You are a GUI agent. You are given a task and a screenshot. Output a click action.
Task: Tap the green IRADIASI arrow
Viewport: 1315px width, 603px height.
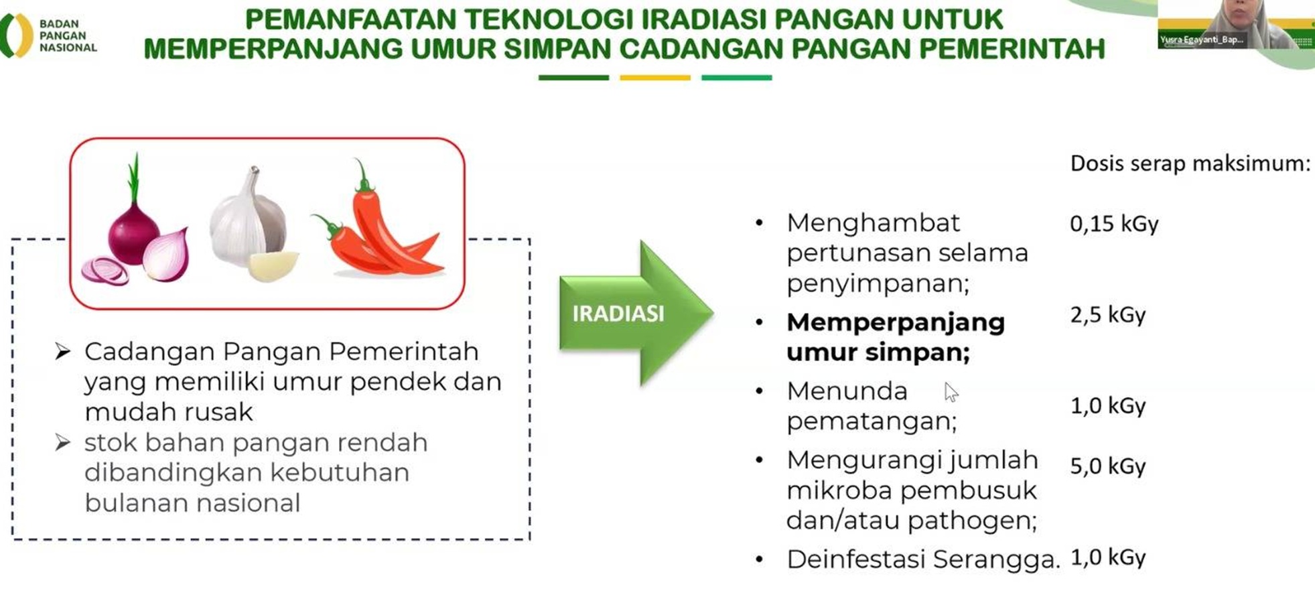[633, 313]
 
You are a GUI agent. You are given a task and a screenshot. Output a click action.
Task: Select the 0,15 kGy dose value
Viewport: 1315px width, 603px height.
[1113, 224]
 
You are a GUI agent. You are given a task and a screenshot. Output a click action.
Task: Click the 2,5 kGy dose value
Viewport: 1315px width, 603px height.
[1107, 315]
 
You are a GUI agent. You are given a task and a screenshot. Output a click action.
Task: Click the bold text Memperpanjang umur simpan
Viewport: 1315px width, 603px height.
[895, 337]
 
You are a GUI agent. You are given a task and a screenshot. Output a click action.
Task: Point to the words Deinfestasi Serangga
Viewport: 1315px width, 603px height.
[923, 559]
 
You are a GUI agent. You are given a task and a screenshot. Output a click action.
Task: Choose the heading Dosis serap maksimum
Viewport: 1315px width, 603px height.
[1190, 163]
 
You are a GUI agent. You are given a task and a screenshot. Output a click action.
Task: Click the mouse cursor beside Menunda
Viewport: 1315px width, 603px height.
[951, 392]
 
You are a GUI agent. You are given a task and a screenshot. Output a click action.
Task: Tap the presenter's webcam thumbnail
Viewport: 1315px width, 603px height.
[1235, 25]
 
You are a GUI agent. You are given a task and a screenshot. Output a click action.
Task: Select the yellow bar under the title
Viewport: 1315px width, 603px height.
[654, 78]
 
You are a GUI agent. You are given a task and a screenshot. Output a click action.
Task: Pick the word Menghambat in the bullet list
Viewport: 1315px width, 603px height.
[873, 222]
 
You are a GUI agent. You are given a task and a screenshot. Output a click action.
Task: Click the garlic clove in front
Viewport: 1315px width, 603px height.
[273, 266]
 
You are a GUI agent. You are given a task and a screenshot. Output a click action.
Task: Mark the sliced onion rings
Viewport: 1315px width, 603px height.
[105, 271]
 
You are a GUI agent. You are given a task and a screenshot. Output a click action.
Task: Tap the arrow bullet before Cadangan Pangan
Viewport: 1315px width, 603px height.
[63, 351]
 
